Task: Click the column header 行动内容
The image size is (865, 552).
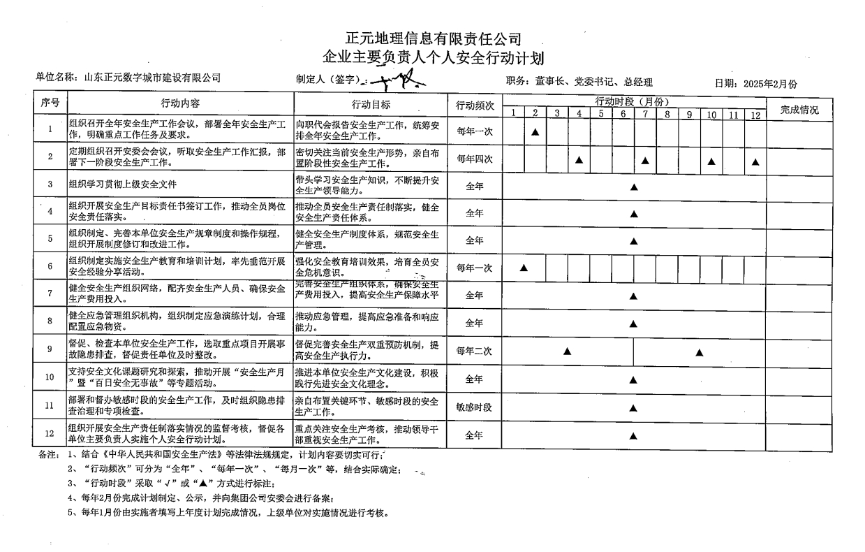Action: coord(180,103)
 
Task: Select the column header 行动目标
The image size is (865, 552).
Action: coord(371,104)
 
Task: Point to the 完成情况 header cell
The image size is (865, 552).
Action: coord(799,110)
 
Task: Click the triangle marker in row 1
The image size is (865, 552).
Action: coord(535,131)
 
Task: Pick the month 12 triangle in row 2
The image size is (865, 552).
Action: coord(755,161)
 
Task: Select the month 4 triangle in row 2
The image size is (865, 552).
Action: coord(579,160)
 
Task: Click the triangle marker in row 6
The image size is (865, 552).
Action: coord(524,268)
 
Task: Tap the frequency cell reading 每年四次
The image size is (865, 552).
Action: coord(475,159)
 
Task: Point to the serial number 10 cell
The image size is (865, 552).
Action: coord(50,377)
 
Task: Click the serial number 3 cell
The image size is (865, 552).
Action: coord(50,184)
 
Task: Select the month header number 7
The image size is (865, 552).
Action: coord(645,114)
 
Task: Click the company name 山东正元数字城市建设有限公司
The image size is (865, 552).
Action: coord(151,78)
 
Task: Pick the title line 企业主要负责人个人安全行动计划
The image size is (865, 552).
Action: coord(433,57)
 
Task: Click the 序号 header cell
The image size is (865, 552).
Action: coord(50,103)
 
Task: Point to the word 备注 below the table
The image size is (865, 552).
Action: coord(48,453)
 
